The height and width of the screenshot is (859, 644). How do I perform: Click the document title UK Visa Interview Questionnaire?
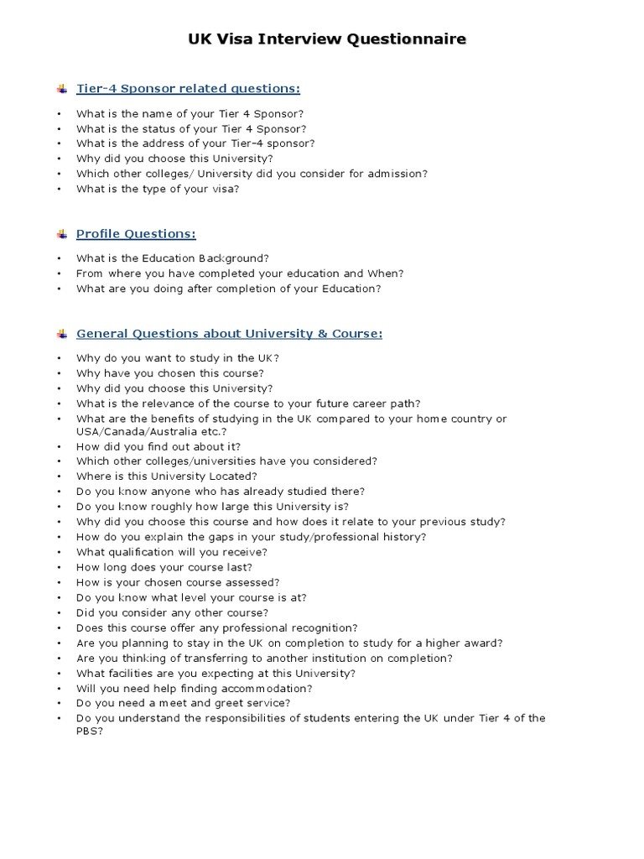click(323, 39)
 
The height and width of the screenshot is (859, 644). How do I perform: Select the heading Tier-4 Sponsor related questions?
click(188, 88)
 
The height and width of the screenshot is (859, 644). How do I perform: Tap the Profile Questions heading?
click(136, 233)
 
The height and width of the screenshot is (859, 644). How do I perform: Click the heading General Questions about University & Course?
click(229, 333)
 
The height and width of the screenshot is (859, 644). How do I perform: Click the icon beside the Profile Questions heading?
click(61, 234)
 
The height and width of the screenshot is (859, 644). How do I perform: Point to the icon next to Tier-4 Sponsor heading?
click(61, 89)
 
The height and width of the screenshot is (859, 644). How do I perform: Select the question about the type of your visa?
click(158, 189)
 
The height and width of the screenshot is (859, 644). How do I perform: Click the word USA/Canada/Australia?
click(124, 432)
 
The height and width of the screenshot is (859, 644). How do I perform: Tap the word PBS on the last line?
click(87, 731)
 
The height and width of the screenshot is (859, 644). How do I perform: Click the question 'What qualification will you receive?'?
click(171, 552)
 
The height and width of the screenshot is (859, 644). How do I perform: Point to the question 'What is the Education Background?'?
click(172, 258)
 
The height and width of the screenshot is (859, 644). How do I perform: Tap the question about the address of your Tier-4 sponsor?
click(195, 143)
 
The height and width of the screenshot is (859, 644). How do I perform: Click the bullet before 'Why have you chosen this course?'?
click(60, 373)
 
